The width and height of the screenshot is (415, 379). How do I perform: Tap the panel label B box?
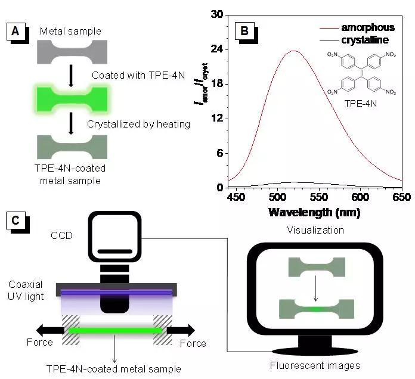point(244,30)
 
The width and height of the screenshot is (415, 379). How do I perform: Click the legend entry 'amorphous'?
point(367,27)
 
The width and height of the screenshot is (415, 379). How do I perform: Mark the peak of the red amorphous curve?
point(294,51)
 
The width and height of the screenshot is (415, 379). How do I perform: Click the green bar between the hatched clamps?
point(116,330)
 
